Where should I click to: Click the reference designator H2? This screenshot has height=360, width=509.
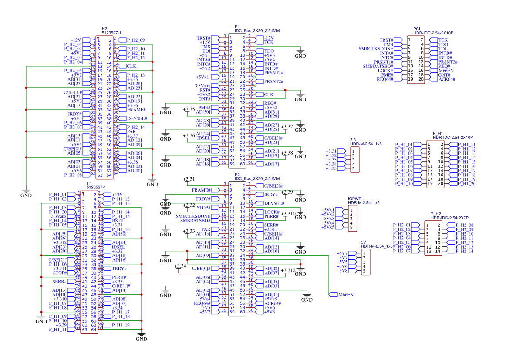click(104, 28)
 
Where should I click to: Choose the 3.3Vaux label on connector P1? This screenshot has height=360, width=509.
click(202, 86)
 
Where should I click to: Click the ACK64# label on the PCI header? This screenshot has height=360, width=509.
click(447, 79)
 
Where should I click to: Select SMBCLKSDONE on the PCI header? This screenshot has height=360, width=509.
click(376, 49)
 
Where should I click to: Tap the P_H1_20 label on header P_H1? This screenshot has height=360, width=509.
click(467, 184)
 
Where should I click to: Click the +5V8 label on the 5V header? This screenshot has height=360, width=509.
click(342, 271)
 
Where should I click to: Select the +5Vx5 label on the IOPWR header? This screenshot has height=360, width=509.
click(328, 227)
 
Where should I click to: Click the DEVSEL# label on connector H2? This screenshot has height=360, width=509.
click(137, 118)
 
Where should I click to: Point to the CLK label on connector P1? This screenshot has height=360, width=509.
click(269, 94)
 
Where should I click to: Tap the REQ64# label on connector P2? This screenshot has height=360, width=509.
click(202, 303)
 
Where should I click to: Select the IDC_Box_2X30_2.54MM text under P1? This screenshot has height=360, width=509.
click(257, 31)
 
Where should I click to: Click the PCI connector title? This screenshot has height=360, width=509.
click(417, 28)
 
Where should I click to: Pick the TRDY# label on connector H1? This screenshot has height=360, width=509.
click(119, 269)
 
